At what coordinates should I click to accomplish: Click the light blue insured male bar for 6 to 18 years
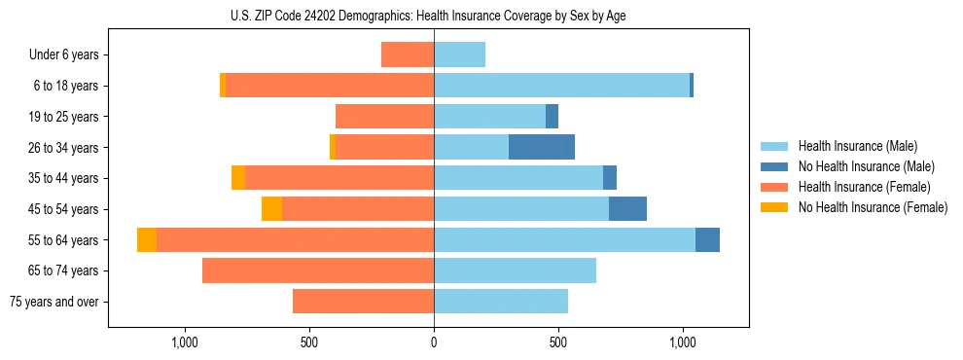point(561,86)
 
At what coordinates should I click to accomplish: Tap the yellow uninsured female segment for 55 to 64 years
point(147,239)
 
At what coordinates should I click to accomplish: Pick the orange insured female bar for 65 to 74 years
point(318,270)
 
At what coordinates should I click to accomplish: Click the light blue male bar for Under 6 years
point(459,54)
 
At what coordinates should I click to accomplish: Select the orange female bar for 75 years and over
point(363,302)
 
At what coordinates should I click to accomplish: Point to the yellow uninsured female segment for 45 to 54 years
point(271,208)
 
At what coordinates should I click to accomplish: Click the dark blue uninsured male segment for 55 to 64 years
point(707,239)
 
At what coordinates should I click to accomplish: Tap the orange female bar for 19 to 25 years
point(384,117)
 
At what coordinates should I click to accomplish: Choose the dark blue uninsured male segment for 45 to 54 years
point(627,208)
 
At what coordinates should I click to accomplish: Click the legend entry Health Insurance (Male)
point(857,146)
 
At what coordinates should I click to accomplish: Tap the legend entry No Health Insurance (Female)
point(873,207)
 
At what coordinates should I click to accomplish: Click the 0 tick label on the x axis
point(434,342)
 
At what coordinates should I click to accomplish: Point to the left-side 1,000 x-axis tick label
point(185,342)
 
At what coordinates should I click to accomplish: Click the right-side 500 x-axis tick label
point(558,342)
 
